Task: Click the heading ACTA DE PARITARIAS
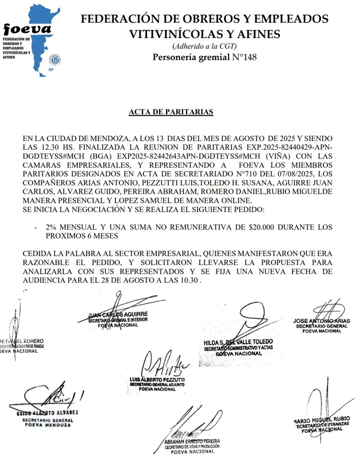tap(171, 112)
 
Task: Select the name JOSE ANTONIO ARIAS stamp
tap(321, 321)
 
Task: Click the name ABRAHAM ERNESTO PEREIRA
tap(192, 441)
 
